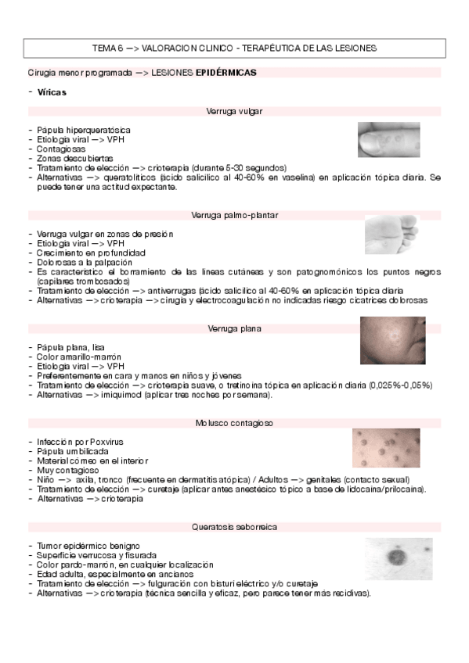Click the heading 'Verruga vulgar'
tap(234, 111)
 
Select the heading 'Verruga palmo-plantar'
tap(234, 215)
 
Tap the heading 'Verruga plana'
tap(234, 328)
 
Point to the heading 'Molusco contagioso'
tap(234, 423)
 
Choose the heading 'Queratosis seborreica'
tap(234, 527)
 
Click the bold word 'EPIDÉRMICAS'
tap(225, 72)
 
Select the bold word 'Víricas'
tap(52, 92)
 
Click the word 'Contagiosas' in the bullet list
tap(61, 149)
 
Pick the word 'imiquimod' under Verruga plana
tap(123, 395)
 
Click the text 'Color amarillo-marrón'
tap(79, 357)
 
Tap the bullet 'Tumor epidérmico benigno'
tap(88, 546)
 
